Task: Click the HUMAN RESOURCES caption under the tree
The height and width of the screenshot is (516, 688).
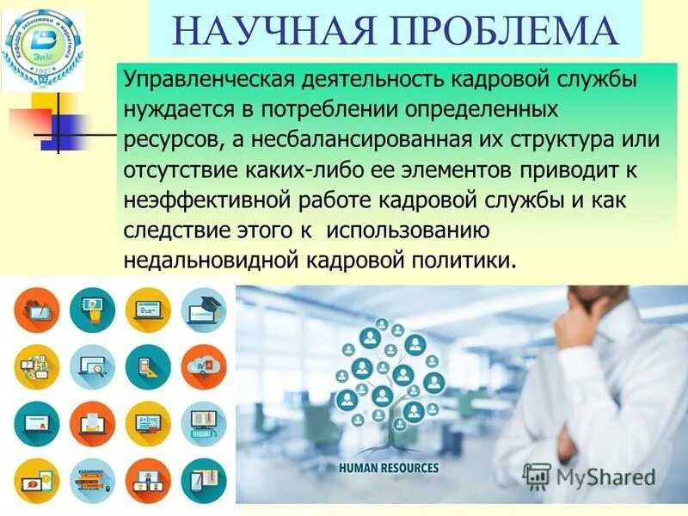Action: [x=389, y=469]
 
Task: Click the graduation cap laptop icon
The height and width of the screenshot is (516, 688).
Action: [x=204, y=310]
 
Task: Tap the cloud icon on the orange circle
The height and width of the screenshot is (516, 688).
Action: [x=204, y=367]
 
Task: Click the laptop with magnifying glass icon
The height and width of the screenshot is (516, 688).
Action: [x=92, y=367]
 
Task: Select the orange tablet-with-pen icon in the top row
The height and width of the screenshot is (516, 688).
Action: [x=37, y=310]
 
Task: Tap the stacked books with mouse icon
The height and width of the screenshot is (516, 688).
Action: [x=92, y=481]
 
